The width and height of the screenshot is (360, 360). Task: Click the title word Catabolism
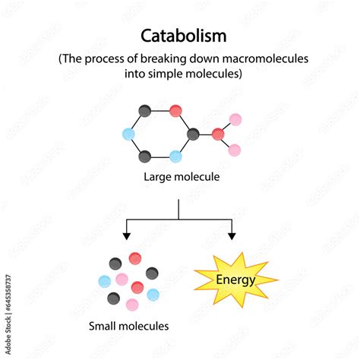tap(184, 36)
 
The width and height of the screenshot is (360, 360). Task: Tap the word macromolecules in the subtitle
tap(265, 58)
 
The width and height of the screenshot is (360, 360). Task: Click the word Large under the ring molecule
tap(156, 177)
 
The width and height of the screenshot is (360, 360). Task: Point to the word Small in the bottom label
tap(103, 326)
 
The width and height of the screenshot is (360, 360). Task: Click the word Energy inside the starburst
tap(235, 280)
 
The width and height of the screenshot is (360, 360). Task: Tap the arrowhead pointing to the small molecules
tap(126, 236)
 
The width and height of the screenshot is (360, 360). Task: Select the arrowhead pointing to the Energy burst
tap(232, 236)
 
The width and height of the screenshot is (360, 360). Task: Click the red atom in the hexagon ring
tap(175, 111)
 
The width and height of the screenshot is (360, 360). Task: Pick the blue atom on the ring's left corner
tap(128, 134)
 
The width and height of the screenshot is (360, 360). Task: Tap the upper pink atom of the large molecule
tap(235, 119)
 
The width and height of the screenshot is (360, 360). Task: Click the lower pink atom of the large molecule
tap(235, 150)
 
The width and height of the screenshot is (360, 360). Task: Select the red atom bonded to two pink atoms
tap(218, 134)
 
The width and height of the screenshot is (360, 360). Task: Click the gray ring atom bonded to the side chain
tap(193, 134)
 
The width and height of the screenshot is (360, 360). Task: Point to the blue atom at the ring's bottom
tap(175, 156)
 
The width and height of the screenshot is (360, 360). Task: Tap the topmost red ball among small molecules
tap(135, 258)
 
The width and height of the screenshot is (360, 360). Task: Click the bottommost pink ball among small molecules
tap(132, 305)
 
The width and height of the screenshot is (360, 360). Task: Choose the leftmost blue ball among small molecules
tap(105, 282)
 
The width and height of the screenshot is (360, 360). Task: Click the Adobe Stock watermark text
tap(8, 314)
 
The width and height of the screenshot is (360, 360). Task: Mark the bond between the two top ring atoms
tap(160, 111)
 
